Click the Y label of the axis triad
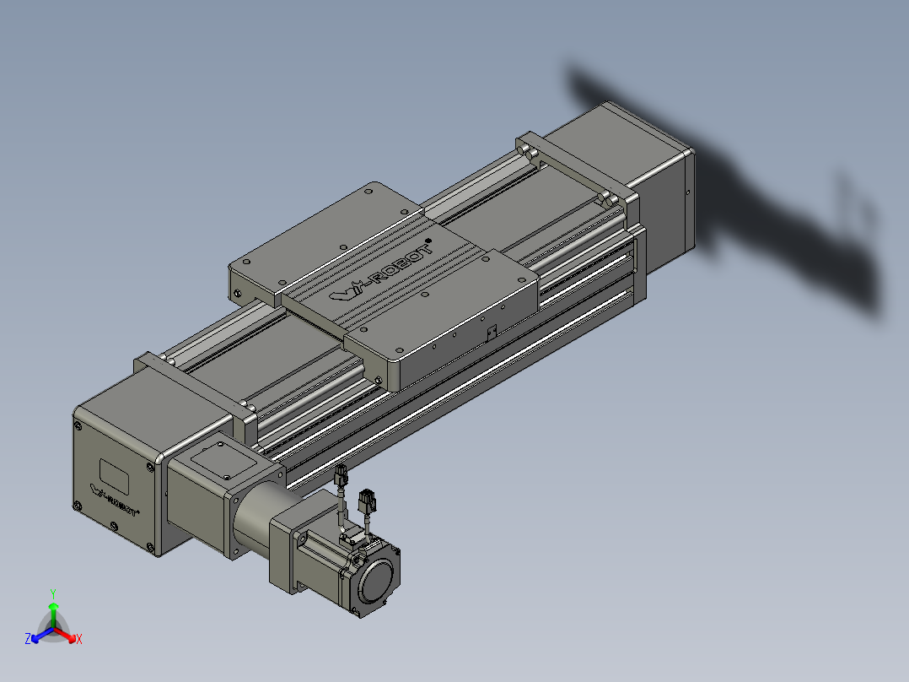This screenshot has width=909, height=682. click(53, 593)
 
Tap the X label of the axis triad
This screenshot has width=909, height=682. click(79, 639)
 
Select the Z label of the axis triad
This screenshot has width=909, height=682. click(28, 638)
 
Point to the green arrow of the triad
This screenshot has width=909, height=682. click(53, 614)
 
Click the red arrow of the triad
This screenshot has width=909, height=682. click(66, 634)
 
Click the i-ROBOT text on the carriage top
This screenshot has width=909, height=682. click(382, 273)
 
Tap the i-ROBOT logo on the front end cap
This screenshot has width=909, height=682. click(114, 501)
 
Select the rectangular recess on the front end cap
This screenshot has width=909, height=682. click(114, 476)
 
